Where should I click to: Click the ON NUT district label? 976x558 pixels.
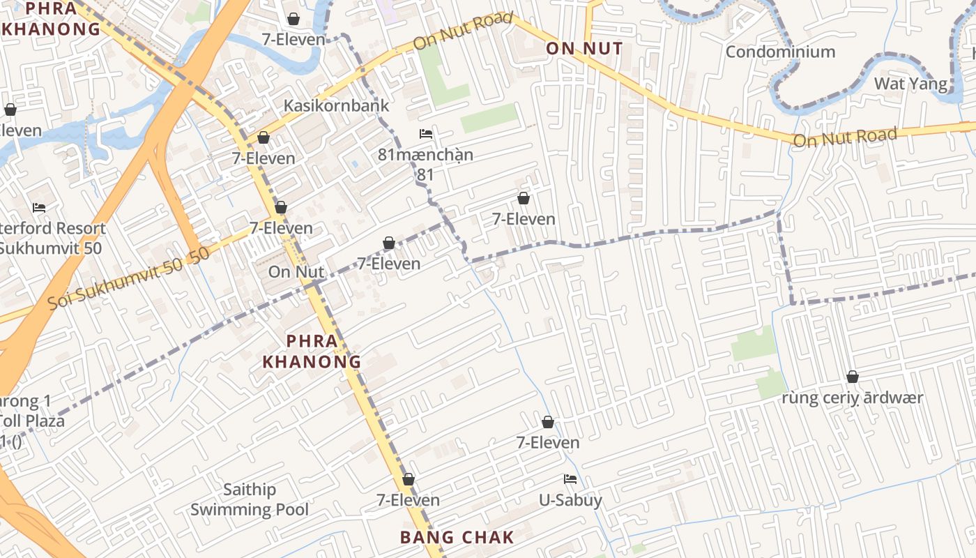tap(584, 49)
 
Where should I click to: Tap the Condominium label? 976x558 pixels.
tap(780, 52)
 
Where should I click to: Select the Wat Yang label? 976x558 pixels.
tap(910, 84)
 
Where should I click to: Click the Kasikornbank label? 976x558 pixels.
tap(336, 106)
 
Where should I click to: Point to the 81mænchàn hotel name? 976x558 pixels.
tap(425, 155)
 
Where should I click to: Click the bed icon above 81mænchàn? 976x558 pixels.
tap(426, 134)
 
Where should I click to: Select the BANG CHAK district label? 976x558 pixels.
tap(457, 538)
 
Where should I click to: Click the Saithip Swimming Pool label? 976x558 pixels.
tap(250, 499)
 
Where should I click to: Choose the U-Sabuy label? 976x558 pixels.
tap(570, 500)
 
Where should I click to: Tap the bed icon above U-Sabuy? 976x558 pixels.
tap(570, 479)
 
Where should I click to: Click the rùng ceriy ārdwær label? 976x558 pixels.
tap(852, 398)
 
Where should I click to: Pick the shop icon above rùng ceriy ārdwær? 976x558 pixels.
tap(852, 377)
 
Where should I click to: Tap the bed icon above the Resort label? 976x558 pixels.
tap(39, 208)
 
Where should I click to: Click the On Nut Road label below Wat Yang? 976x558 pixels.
tap(845, 137)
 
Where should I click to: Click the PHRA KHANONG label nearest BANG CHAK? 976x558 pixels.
tap(311, 352)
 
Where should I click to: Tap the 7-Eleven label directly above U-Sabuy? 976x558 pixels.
tap(548, 443)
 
